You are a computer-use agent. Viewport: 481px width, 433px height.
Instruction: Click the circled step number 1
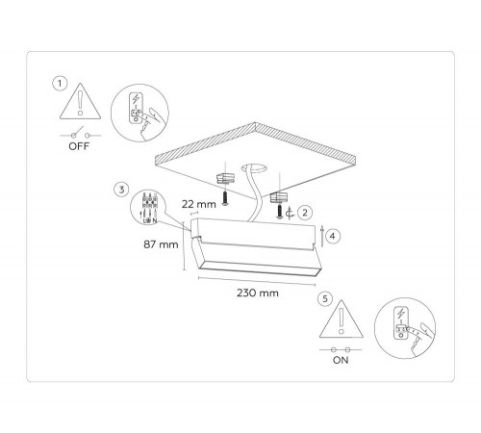pos(60,84)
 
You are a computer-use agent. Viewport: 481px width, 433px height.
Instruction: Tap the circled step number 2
pos(305,212)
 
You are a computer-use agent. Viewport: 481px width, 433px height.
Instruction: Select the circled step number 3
pos(121,190)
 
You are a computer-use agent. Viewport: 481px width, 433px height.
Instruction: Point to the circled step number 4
pos(333,236)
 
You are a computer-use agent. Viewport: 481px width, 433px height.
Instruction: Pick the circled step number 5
pos(325,298)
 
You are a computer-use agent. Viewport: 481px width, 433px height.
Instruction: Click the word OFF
pos(79,146)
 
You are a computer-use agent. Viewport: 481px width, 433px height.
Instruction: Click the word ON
pos(341,360)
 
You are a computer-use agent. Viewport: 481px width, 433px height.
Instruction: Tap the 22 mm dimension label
pos(199,204)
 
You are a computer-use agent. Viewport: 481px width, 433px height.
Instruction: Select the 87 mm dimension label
pos(161,244)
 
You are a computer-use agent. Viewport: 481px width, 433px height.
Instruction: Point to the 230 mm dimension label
pos(258,293)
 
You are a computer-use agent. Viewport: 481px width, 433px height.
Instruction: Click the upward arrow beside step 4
pos(322,236)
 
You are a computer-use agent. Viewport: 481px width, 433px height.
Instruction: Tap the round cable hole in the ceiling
pos(255,168)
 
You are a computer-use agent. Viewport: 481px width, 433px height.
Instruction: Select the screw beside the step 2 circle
pos(280,212)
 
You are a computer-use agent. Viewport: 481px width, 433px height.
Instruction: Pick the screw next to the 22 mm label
pos(225,198)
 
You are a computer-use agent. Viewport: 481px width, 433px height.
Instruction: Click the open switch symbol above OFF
pos(80,134)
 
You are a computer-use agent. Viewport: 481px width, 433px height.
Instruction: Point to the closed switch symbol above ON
pos(341,349)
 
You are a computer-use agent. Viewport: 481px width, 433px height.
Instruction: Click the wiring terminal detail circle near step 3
pos(149,208)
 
